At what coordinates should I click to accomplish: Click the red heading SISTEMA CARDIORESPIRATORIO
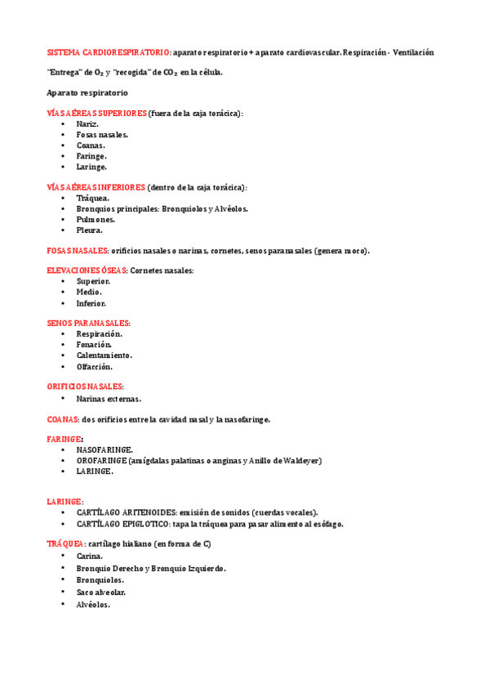pos(109,52)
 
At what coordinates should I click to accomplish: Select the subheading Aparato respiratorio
pos(87,93)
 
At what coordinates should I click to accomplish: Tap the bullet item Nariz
pos(87,123)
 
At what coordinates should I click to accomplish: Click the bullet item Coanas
pos(91,145)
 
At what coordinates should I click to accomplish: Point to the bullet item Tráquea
pos(92,198)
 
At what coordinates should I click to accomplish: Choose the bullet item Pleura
pos(90,230)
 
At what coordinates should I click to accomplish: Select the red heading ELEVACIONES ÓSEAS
pos(87,270)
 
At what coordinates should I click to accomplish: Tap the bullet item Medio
pos(89,292)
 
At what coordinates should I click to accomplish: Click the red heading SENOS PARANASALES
pos(89,324)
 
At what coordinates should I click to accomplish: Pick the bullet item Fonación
pos(94,345)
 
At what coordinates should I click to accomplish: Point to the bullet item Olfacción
pos(95,366)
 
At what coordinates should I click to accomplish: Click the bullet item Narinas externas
pos(109,399)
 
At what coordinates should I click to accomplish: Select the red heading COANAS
pos(63,419)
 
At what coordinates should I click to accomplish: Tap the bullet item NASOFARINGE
pos(104,449)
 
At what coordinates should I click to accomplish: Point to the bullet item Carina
pos(90,557)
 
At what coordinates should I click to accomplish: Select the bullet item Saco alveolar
pos(101,592)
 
